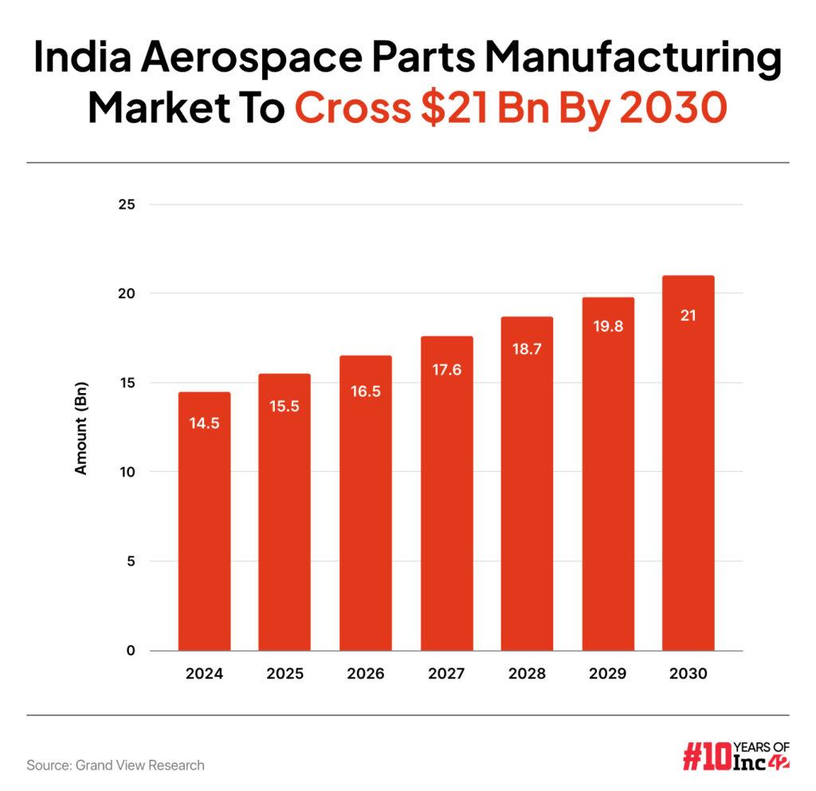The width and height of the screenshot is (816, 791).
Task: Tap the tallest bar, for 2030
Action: tap(688, 462)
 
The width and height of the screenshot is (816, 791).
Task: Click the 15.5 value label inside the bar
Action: tap(284, 406)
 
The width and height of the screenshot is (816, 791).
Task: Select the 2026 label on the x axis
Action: tap(365, 674)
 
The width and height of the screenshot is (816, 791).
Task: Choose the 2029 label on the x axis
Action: tap(607, 674)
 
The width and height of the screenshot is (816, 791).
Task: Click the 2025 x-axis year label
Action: tap(284, 674)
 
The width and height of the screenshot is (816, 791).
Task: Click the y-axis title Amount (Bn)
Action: tap(80, 428)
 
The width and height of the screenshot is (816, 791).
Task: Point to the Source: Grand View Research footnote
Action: tap(116, 765)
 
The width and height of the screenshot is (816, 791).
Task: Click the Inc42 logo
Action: tap(736, 755)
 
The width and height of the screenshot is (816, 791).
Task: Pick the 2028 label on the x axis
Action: tap(526, 674)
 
